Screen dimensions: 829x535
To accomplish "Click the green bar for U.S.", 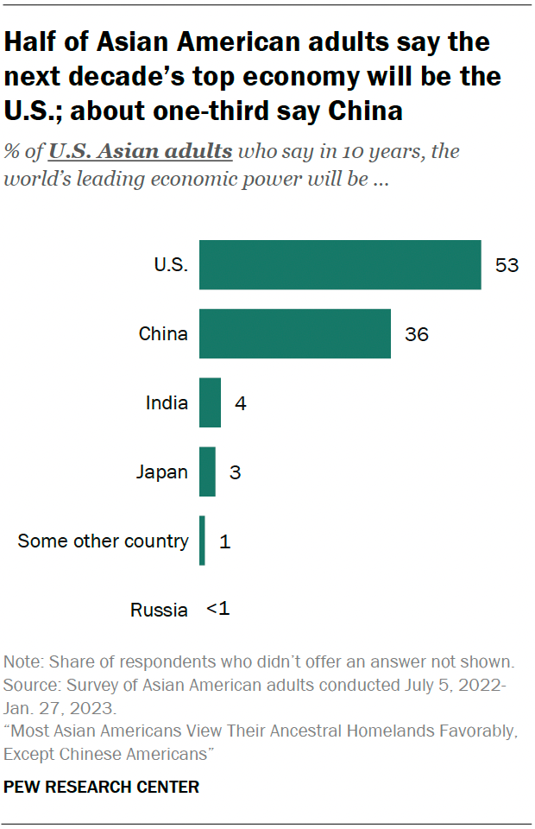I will [340, 264].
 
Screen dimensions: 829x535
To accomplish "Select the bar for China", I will [294, 333].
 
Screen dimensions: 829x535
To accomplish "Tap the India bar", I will [210, 402].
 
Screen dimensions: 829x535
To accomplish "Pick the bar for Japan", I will [207, 471].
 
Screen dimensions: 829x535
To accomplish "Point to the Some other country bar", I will [202, 541].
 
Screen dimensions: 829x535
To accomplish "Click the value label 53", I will [507, 264].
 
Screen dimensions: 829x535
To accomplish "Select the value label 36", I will [416, 333].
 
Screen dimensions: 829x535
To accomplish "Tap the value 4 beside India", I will [241, 402].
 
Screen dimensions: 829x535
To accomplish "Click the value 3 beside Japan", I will [236, 471].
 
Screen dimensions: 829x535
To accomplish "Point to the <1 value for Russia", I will [218, 609].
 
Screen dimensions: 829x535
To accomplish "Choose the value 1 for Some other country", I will [225, 541].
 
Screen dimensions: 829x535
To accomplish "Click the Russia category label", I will [159, 610].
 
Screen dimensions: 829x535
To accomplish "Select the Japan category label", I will [162, 471].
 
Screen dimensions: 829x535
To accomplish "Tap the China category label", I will [163, 333].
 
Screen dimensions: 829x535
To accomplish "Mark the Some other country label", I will [103, 541].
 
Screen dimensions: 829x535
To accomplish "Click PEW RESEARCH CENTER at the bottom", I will [102, 787].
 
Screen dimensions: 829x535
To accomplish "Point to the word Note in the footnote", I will [23, 663].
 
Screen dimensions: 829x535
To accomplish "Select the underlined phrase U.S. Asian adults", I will [141, 152].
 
